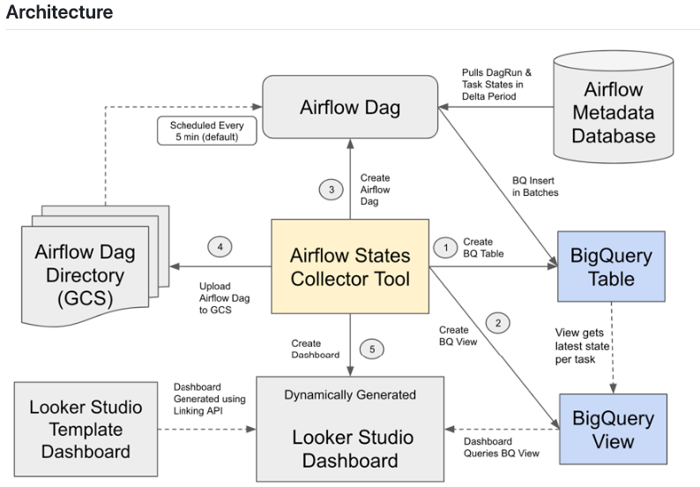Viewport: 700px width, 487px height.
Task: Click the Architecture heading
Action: point(59,12)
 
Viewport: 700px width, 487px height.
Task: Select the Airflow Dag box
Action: point(350,108)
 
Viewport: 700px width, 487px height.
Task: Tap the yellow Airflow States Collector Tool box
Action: point(350,267)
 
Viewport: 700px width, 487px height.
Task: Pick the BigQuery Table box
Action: point(612,267)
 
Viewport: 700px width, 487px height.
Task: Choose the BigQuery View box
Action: point(612,429)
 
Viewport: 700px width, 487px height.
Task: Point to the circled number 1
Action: point(445,247)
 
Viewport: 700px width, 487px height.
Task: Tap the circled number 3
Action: point(329,189)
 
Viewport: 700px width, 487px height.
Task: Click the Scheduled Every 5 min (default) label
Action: point(205,131)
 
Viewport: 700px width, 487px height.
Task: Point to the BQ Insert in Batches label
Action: point(535,185)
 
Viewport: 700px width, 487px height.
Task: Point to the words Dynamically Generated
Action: point(349,394)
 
